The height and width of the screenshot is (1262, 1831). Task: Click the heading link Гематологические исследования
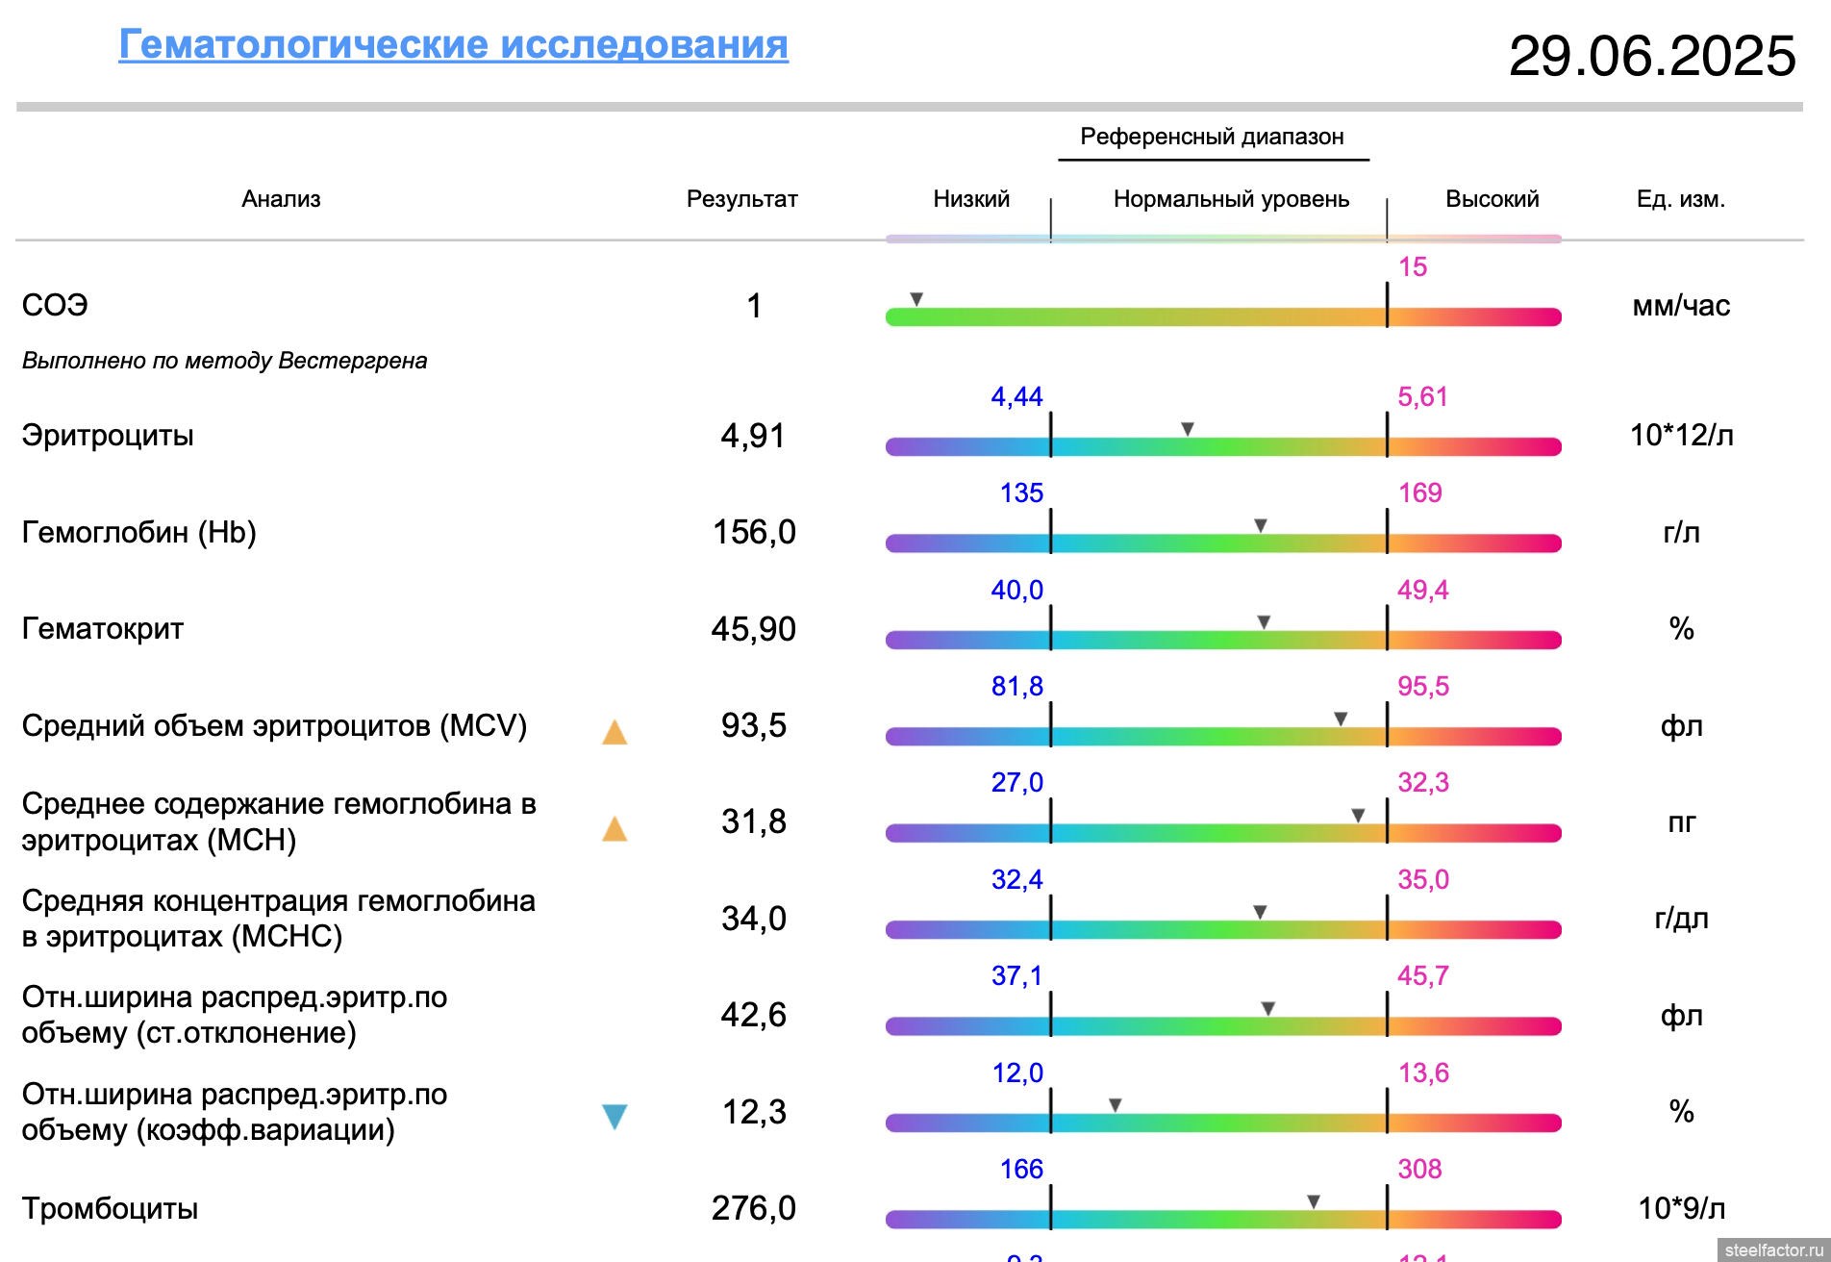point(453,45)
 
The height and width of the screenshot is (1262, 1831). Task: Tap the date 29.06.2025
point(1651,56)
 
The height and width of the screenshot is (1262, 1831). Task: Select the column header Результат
point(741,199)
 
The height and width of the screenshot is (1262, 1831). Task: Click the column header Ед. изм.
point(1680,199)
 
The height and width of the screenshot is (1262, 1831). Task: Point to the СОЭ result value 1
point(754,306)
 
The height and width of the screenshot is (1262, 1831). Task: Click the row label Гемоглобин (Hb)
point(138,532)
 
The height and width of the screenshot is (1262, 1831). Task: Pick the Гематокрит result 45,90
point(753,629)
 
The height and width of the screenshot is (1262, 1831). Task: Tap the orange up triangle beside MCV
point(615,733)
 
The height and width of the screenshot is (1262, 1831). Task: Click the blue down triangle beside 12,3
point(615,1116)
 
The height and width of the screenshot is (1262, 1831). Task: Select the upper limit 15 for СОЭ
point(1412,266)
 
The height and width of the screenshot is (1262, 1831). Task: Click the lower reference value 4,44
point(1016,396)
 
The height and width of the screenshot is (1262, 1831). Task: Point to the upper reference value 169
point(1419,492)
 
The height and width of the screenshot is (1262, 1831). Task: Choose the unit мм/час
point(1681,306)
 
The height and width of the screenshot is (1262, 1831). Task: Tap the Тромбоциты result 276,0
point(753,1208)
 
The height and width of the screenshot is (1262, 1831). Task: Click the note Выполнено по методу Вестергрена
point(224,361)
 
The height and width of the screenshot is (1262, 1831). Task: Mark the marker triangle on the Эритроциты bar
point(1188,429)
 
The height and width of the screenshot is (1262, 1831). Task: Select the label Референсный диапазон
point(1212,137)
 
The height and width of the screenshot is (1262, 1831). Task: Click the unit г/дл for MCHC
point(1681,919)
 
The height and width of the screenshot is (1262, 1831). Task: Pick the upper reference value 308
point(1419,1169)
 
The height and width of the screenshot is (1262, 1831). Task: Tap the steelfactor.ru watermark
point(1773,1249)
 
